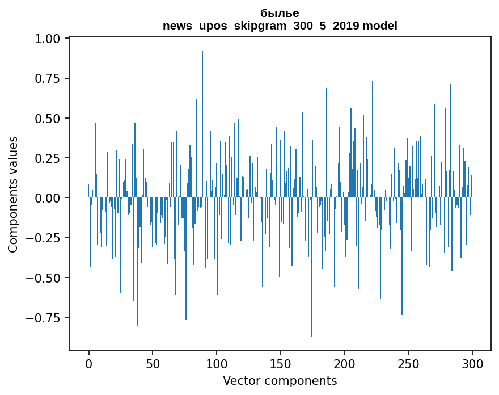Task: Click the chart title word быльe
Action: [280, 13]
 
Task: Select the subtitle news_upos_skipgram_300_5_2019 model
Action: [280, 26]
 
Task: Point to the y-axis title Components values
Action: [13, 194]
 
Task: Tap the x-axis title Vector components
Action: [280, 380]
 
